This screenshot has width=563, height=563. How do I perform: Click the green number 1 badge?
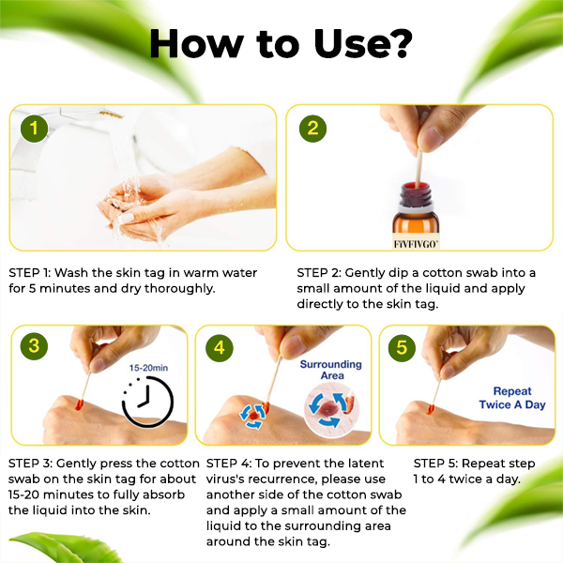(33, 129)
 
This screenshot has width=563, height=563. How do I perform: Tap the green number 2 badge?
(312, 129)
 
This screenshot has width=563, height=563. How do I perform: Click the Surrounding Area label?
(326, 371)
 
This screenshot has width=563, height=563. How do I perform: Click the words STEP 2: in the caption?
(312, 272)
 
